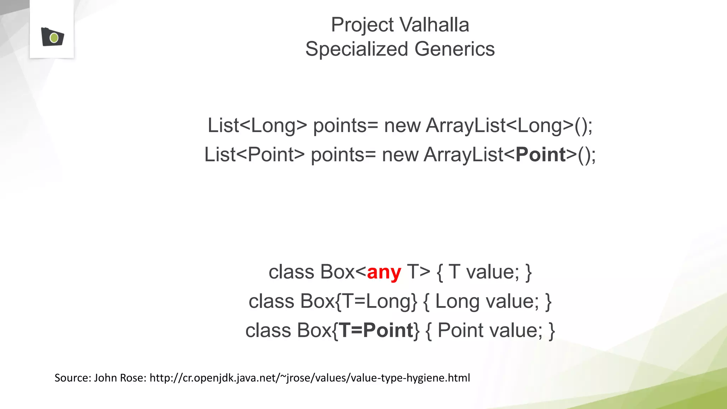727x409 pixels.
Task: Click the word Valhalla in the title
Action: point(434,25)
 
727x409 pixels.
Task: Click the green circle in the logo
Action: point(54,38)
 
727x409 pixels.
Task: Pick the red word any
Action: point(384,272)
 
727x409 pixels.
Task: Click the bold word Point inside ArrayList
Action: point(541,155)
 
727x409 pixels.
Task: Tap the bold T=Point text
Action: point(376,331)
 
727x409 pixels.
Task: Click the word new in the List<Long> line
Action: point(402,126)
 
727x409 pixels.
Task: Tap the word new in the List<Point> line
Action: point(400,155)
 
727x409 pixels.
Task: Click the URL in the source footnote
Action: point(310,378)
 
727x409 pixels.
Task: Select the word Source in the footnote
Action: point(72,378)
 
